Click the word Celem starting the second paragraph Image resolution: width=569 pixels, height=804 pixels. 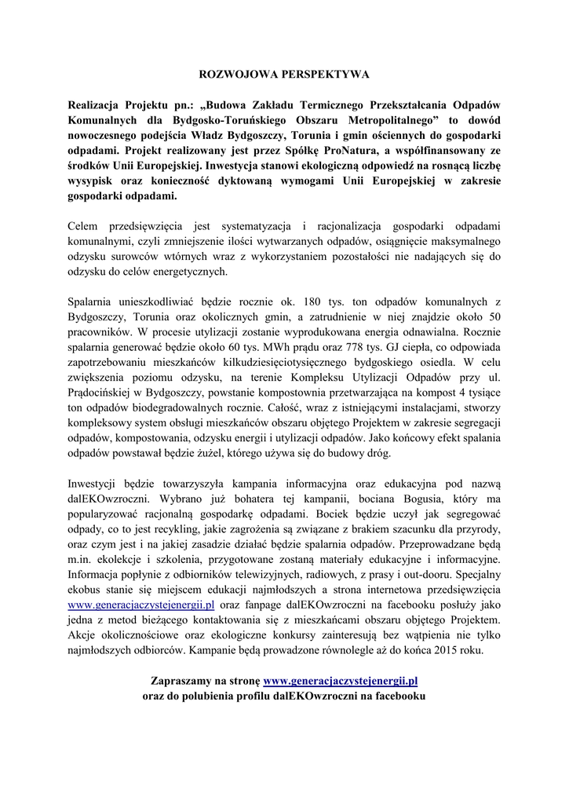pos(86,226)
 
